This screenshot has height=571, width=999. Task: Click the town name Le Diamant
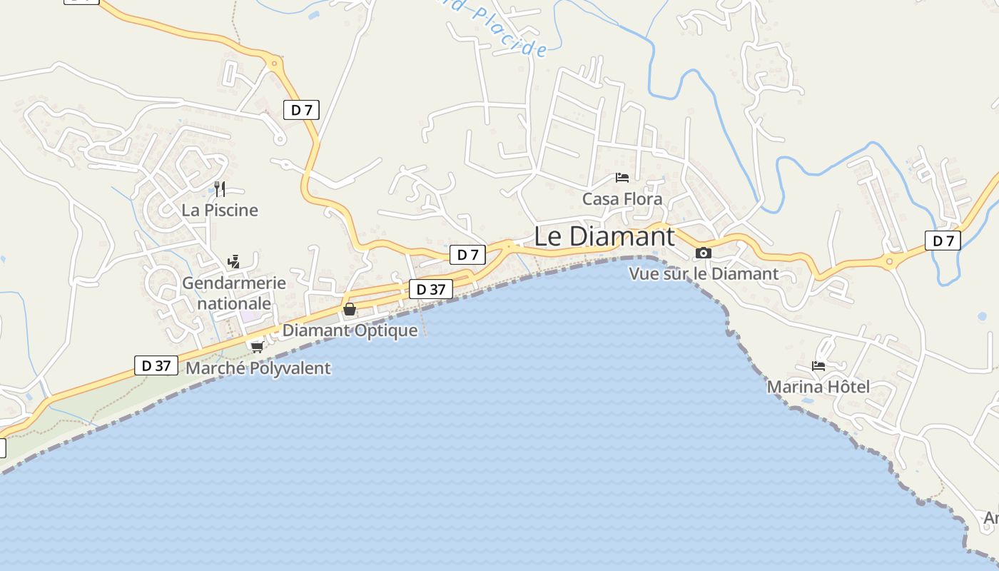point(604,236)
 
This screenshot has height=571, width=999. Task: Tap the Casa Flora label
point(622,199)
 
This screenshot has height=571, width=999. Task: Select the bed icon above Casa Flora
point(622,177)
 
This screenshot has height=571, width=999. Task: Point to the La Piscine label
point(220,210)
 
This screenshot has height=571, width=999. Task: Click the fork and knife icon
point(220,188)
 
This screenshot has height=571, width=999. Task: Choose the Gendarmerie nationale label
point(234,293)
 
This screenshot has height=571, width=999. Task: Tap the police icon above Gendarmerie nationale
point(233,261)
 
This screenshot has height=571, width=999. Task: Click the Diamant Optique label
point(350,330)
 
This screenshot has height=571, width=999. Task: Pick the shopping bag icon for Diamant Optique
point(350,309)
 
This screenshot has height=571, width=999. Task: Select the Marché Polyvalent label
point(258,368)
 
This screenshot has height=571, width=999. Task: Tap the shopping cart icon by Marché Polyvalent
point(257,347)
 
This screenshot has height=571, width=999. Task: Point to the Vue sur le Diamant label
point(704,273)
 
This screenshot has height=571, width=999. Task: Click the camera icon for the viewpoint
point(704,253)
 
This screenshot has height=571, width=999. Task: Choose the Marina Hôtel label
point(818,387)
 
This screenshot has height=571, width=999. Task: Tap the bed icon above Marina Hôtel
point(818,366)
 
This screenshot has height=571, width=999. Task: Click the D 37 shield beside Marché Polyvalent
point(156,365)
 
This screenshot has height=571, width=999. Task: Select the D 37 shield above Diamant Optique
point(431,289)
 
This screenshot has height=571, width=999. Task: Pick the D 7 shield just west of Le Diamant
point(468,254)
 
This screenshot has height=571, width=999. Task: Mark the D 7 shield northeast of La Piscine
point(301,110)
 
